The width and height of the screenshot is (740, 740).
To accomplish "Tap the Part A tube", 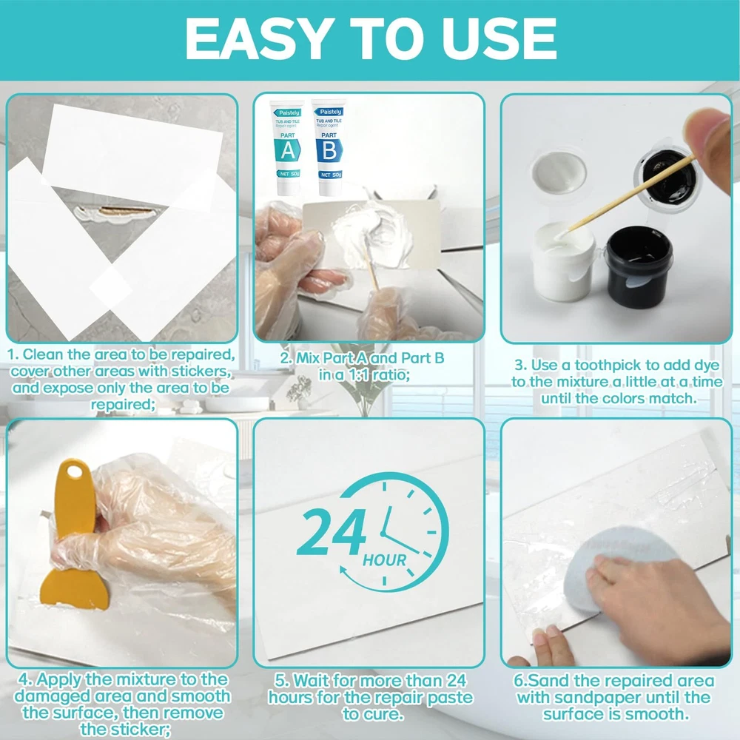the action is click(x=287, y=148).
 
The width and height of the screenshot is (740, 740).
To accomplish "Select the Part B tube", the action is click(x=329, y=147).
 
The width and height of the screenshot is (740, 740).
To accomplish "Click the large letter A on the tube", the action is click(x=287, y=150).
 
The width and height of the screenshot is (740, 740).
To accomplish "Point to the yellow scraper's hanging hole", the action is click(x=75, y=471).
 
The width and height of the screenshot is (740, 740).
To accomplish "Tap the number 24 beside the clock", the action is click(x=332, y=531).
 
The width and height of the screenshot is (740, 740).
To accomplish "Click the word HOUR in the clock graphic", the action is click(x=384, y=560).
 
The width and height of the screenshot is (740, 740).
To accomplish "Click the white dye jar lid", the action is click(x=559, y=172).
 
